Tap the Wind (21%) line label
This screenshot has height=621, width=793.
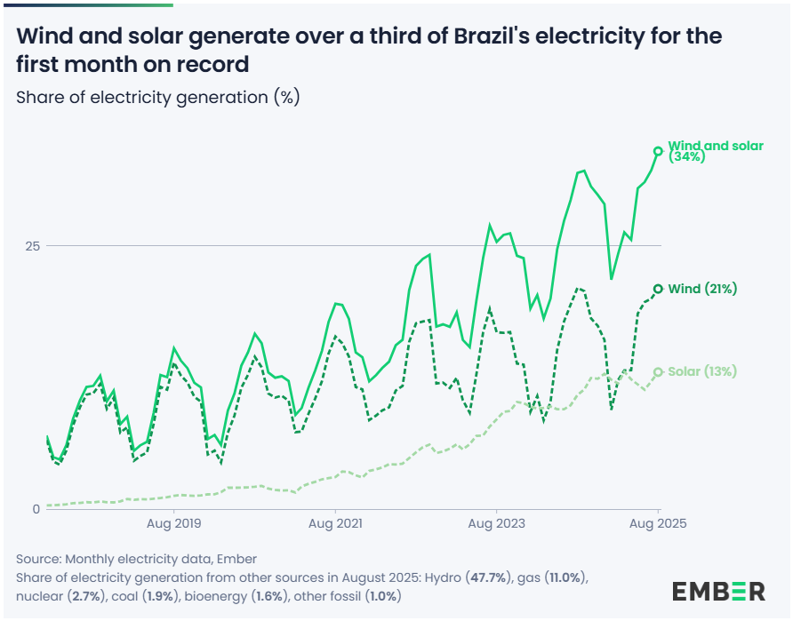click(702, 289)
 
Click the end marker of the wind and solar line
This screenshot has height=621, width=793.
click(658, 151)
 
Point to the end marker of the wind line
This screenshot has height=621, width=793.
click(658, 289)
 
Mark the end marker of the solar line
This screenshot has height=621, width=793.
click(658, 372)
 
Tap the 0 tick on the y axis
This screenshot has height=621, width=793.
click(36, 509)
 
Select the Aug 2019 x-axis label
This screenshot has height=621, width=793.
click(172, 525)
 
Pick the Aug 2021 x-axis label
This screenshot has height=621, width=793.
click(334, 525)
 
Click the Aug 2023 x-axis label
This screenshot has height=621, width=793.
click(495, 525)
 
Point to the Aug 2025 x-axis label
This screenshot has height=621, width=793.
click(657, 525)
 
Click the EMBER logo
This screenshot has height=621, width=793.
click(718, 591)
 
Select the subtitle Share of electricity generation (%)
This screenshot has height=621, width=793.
click(157, 97)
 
